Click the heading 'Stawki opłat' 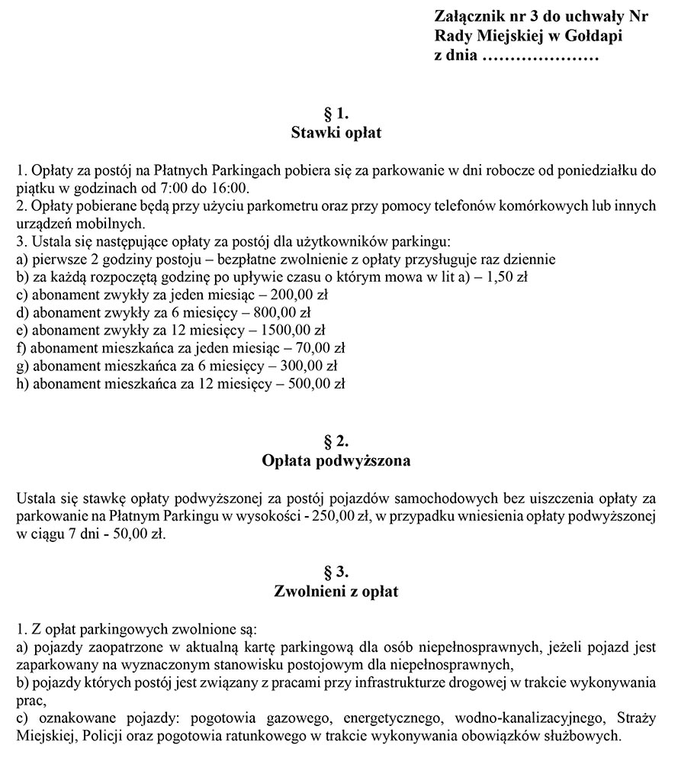(336, 134)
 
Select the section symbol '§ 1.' (336, 115)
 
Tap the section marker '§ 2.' (336, 441)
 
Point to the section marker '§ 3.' (336, 572)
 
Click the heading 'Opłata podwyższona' (336, 461)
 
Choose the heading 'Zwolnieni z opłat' (336, 592)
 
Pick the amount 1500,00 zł (294, 330)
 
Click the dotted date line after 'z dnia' (540, 56)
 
